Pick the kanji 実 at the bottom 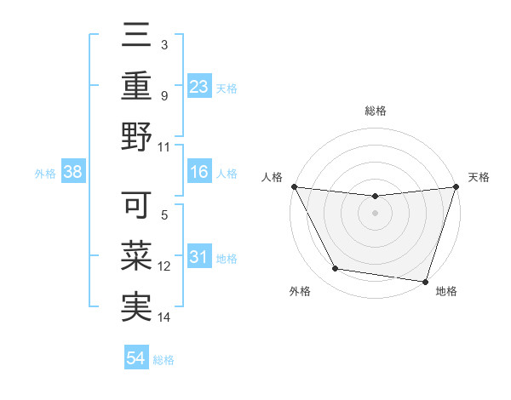[x=136, y=306]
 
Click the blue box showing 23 [x=199, y=86]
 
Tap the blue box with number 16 [x=199, y=173]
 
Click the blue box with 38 [x=73, y=173]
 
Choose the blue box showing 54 [x=136, y=358]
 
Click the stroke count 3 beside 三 [x=164, y=44]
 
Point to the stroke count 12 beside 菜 [x=165, y=266]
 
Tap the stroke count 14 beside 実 [x=165, y=317]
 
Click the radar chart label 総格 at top [x=375, y=111]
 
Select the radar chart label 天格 [x=479, y=177]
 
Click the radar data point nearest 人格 [x=294, y=186]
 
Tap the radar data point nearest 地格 [x=425, y=281]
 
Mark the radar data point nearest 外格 [x=336, y=269]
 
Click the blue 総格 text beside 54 [x=164, y=360]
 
